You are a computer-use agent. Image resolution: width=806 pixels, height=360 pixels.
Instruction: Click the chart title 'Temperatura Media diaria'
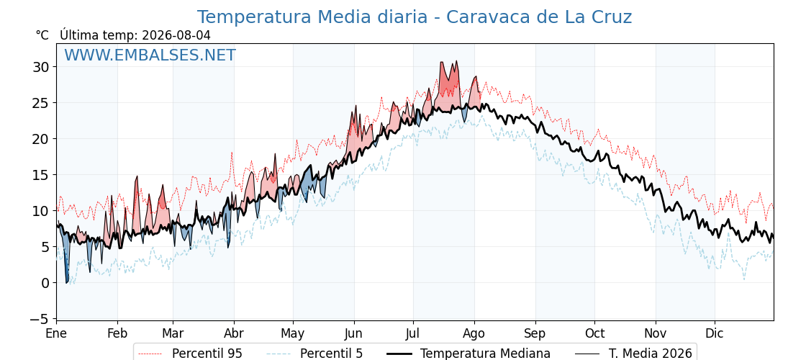(312, 17)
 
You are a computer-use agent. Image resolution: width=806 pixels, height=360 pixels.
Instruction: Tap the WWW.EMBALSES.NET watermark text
(150, 55)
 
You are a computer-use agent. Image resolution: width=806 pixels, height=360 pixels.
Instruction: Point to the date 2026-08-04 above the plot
(176, 35)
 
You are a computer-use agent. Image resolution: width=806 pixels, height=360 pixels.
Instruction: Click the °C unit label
(42, 35)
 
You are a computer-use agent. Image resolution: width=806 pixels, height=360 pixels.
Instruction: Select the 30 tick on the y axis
(42, 67)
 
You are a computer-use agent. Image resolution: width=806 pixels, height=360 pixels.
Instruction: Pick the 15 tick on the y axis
(42, 175)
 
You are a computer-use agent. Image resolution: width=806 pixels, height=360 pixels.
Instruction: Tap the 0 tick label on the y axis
(46, 283)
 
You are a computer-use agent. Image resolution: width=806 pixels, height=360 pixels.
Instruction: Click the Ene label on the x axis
(56, 334)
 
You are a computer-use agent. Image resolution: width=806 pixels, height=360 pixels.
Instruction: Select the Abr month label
(234, 334)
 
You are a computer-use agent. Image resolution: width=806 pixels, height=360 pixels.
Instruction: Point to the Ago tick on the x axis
(474, 334)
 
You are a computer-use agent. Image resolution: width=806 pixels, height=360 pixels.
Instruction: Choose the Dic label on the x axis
(715, 334)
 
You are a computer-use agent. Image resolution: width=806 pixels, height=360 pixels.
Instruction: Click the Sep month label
(535, 334)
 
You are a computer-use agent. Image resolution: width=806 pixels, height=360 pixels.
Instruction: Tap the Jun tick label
(353, 334)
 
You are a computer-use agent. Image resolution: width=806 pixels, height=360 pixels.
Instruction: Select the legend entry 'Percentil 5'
(315, 354)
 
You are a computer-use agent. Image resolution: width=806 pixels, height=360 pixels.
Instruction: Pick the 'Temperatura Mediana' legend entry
(469, 354)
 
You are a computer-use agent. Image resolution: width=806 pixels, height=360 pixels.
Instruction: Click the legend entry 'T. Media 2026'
(634, 354)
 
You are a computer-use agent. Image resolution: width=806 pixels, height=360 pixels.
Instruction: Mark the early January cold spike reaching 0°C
(67, 282)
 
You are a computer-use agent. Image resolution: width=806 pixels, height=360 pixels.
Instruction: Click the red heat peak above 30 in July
(456, 62)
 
